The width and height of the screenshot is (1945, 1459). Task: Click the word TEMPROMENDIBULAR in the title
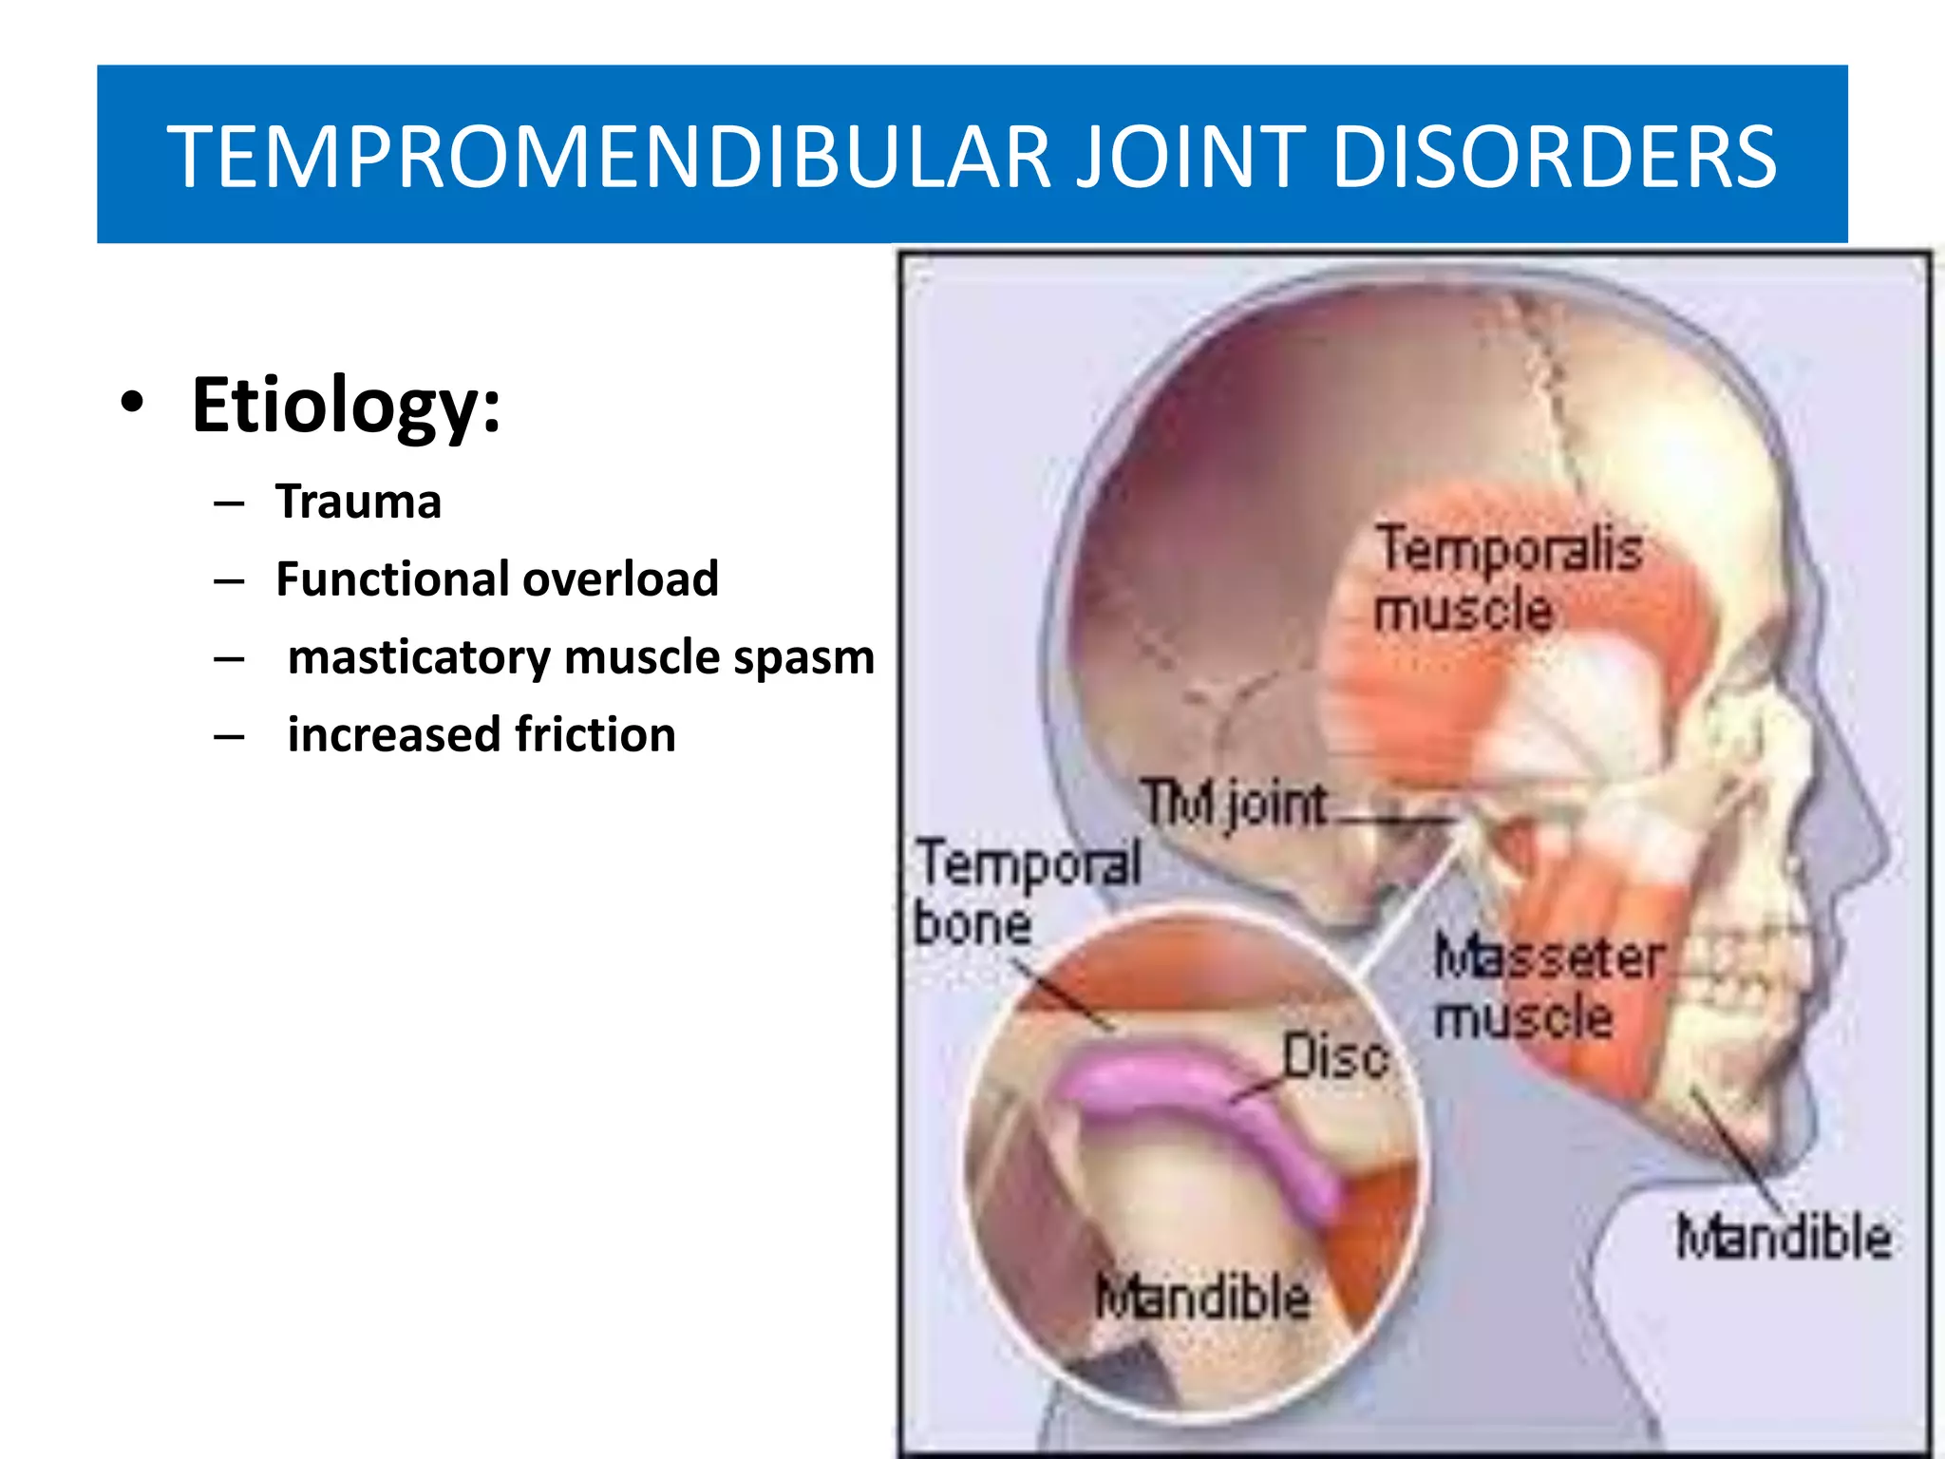608,157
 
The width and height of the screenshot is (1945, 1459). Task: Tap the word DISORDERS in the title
1554,157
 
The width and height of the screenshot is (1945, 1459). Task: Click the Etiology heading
346,407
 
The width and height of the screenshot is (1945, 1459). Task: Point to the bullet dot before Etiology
133,403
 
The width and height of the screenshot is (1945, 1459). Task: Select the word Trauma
358,502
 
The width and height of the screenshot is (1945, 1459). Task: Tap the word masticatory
418,657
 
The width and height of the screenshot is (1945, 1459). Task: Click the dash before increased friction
229,737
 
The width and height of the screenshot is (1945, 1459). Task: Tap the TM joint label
1233,804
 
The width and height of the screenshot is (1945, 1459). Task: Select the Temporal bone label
1026,891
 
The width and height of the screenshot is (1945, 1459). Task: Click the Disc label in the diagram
1335,1056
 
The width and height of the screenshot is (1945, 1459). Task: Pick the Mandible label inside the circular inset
1202,1298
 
